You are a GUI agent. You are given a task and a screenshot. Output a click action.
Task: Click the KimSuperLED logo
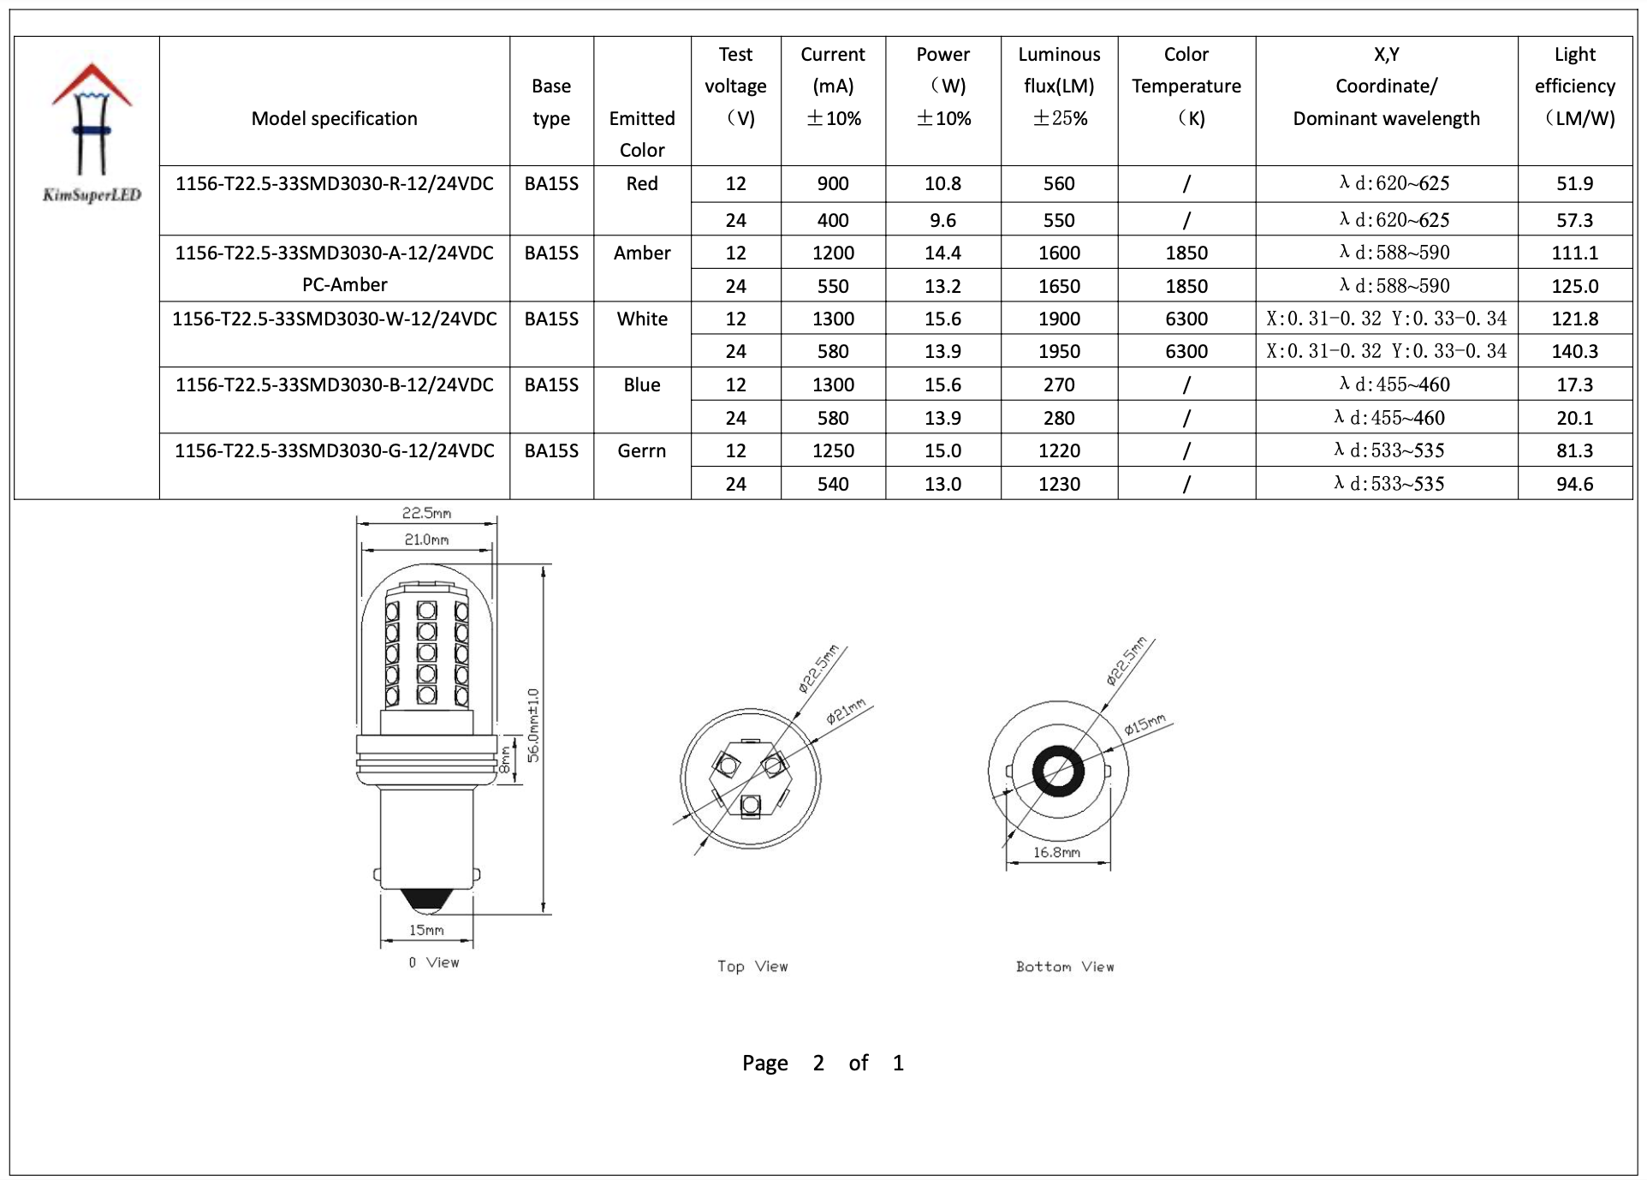pos(92,133)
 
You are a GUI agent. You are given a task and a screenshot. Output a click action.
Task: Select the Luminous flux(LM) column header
pos(1059,86)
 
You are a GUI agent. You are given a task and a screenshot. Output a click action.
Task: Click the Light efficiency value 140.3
pos(1574,351)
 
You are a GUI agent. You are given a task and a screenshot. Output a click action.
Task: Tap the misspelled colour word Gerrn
pos(641,450)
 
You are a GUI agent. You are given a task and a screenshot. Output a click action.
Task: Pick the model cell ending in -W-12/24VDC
pos(335,319)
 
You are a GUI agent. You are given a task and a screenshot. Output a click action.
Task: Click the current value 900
pos(832,183)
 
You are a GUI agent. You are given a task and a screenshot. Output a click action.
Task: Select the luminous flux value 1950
pos(1059,351)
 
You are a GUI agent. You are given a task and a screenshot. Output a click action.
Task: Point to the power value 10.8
pos(942,183)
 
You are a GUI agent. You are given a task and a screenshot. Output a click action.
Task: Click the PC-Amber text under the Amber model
pos(344,284)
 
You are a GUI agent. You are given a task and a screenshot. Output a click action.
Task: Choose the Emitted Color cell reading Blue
pos(641,385)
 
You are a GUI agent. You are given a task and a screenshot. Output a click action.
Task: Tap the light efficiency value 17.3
pos(1574,384)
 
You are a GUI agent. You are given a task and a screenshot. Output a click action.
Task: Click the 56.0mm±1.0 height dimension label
pos(533,724)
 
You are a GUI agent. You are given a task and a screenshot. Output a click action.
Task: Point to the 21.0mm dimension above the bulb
pos(426,539)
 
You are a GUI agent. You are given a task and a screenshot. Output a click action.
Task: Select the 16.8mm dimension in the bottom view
pos(1056,852)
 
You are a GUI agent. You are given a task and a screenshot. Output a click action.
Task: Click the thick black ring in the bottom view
pos(1058,772)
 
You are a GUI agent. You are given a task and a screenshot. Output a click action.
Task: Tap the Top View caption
pos(752,966)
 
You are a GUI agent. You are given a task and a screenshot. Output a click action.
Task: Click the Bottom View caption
pos(1065,966)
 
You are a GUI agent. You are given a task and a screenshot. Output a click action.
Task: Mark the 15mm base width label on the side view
pos(426,930)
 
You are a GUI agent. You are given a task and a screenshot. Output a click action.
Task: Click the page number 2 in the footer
pos(818,1063)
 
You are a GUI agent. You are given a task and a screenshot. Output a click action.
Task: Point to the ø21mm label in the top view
pos(846,712)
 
